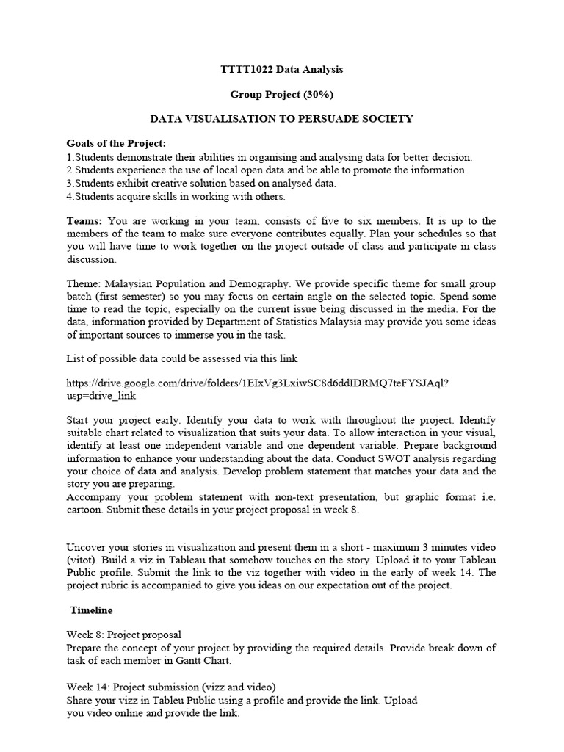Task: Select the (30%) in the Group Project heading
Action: click(297, 94)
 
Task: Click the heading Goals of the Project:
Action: click(116, 142)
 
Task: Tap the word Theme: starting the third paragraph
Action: click(84, 283)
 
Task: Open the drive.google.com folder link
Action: click(258, 383)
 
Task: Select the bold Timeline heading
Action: click(91, 610)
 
